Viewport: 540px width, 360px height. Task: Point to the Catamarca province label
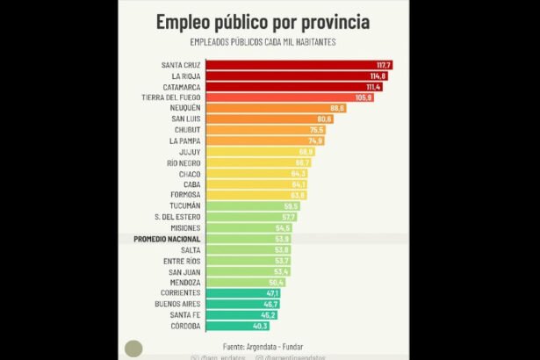(x=182, y=87)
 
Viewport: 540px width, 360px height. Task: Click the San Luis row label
(x=185, y=119)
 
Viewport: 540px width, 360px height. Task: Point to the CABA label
(x=192, y=184)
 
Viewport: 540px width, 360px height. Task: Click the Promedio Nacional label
(x=167, y=239)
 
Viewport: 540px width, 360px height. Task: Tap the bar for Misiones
(x=247, y=227)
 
